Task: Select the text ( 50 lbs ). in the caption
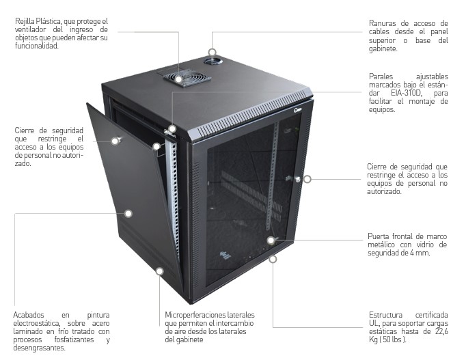(394, 340)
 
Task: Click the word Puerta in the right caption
(380, 237)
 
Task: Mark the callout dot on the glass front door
(271, 240)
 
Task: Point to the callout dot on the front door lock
(307, 179)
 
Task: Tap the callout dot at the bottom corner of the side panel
(159, 271)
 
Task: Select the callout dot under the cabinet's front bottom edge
(273, 259)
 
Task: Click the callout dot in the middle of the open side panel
(128, 213)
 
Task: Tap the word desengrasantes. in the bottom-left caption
(39, 348)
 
